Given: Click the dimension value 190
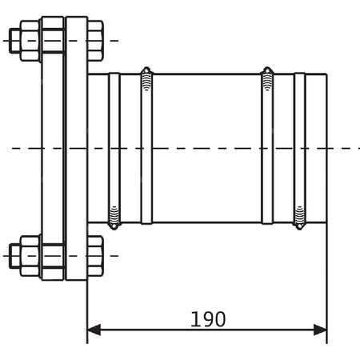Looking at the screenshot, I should (208, 319).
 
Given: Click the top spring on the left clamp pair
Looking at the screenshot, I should (146, 79).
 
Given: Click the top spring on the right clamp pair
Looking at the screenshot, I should (267, 79).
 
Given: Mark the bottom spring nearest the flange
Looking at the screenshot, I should (114, 216).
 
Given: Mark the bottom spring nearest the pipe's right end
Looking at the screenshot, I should (299, 216).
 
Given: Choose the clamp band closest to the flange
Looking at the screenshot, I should (114, 148).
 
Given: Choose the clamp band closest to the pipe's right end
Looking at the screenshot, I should (299, 148).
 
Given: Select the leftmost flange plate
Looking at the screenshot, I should (53, 148).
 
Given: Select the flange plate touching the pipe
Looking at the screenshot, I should (76, 148).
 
